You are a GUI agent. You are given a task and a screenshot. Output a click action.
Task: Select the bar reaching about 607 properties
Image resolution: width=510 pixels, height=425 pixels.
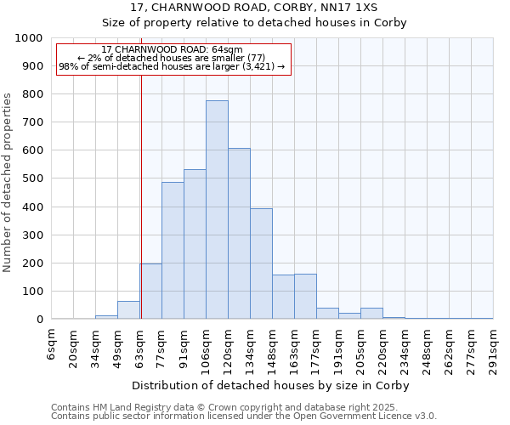239,234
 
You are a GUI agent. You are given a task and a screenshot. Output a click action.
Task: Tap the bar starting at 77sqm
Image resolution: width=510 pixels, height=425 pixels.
173,251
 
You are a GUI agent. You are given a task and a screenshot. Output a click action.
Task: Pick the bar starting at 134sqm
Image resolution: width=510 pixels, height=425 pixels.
261,263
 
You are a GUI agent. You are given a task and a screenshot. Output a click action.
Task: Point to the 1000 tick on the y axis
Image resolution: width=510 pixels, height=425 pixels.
35,38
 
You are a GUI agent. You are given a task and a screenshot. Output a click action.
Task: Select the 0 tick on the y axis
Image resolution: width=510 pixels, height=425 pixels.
39,320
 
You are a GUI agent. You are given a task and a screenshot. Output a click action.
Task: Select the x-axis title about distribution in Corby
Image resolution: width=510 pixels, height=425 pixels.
272,386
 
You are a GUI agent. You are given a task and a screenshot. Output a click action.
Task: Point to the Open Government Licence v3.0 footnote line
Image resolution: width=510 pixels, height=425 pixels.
244,416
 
